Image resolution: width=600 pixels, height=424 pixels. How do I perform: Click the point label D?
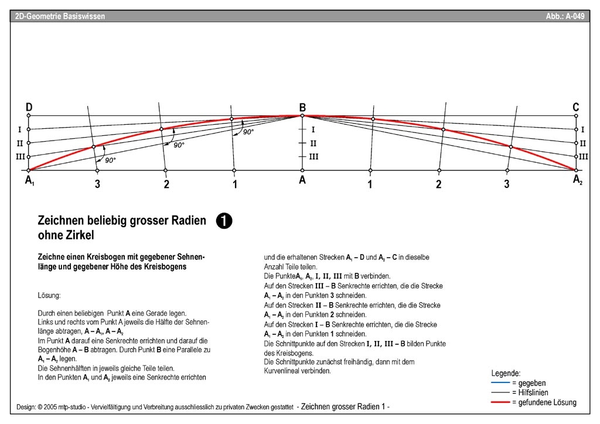tap(29, 107)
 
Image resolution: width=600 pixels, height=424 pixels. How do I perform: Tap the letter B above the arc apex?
tap(302, 107)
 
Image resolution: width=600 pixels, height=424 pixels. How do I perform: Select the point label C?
tap(576, 107)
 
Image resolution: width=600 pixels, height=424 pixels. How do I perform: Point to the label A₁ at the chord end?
tap(29, 181)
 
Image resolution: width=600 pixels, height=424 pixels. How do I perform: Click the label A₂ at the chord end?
tap(577, 180)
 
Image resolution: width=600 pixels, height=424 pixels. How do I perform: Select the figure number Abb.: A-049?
tap(565, 16)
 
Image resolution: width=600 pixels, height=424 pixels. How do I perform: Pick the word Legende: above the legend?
tap(506, 373)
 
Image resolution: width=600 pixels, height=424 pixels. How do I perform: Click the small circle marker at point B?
tap(302, 116)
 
